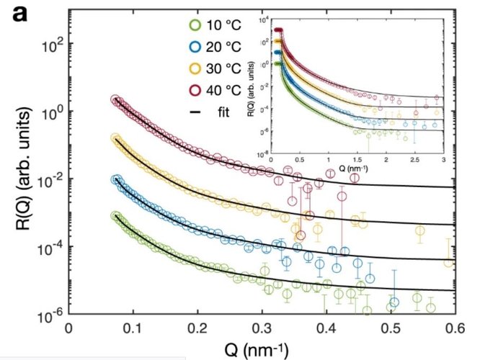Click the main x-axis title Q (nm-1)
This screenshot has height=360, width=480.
coord(255,349)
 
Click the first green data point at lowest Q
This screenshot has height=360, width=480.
coord(115,215)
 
